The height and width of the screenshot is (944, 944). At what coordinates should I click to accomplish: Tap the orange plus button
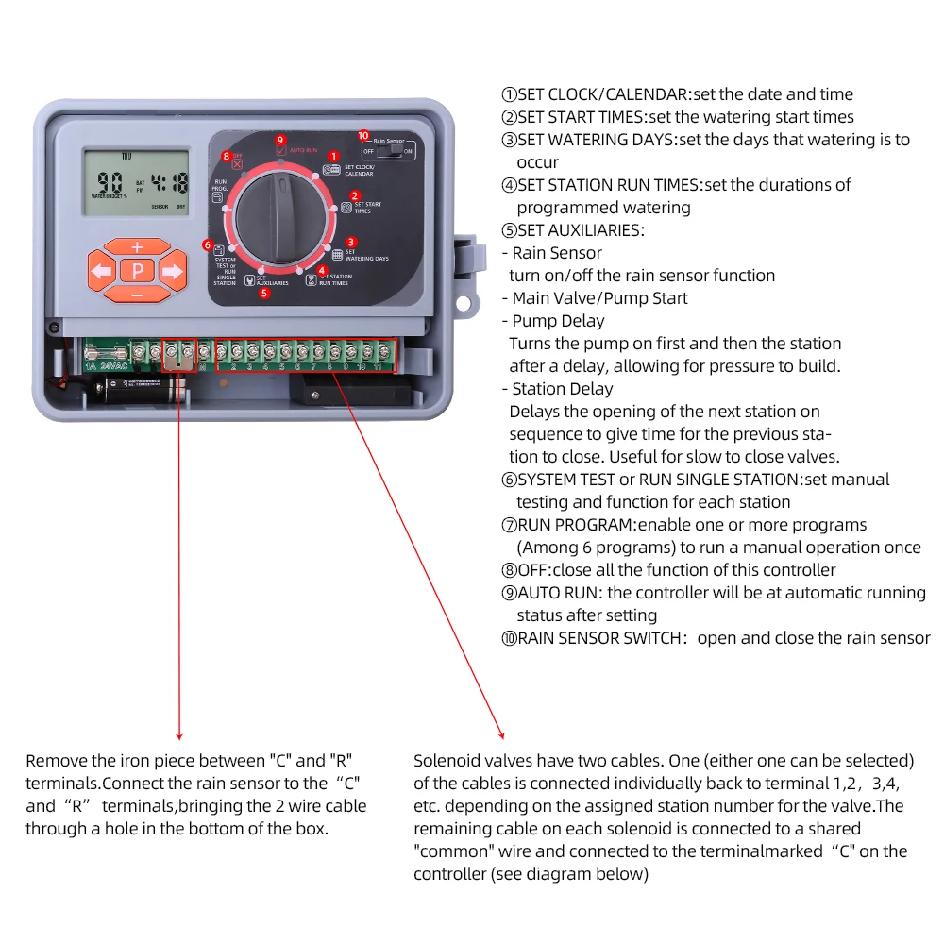[x=137, y=247]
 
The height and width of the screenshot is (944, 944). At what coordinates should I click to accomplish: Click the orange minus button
[x=137, y=295]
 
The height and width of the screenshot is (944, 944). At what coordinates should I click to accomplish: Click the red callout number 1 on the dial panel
[x=333, y=156]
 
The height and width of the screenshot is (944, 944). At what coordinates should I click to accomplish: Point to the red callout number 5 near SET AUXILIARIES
[x=264, y=293]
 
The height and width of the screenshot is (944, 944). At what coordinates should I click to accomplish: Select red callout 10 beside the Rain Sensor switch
[x=363, y=135]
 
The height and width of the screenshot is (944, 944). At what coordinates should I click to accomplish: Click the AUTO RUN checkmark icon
[x=280, y=150]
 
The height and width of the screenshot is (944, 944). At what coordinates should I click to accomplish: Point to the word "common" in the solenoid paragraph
[x=449, y=851]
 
